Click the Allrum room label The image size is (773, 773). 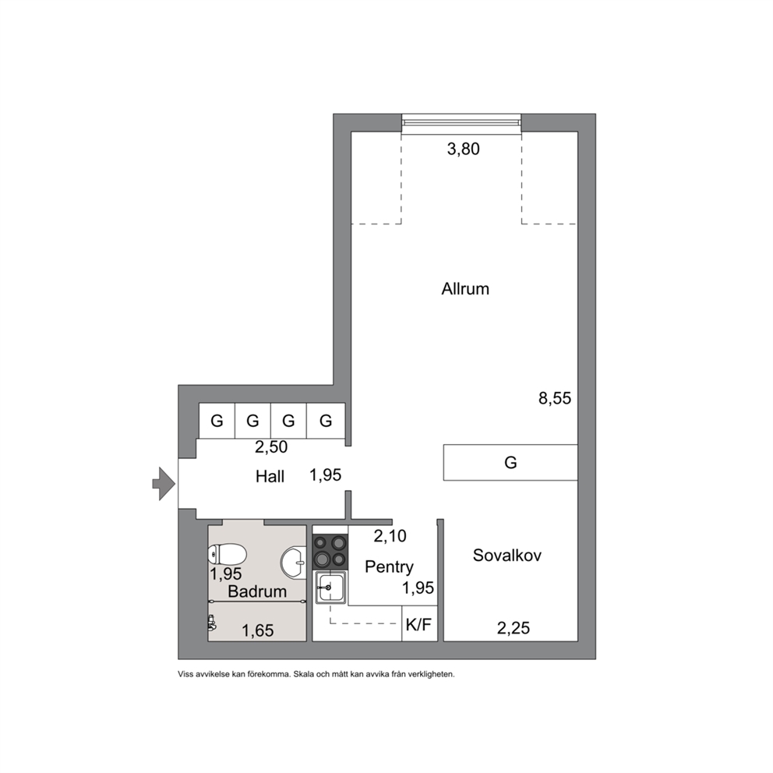465,289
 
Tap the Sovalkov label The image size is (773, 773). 507,556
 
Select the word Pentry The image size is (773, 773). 389,567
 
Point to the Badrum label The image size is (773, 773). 257,591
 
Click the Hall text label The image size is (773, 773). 270,477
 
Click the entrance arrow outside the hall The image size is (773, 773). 164,484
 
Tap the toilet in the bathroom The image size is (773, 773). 228,554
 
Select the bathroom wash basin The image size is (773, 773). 293,562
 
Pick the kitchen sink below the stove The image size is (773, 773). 331,588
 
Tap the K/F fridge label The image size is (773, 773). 418,625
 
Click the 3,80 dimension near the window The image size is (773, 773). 463,149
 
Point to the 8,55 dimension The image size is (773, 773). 555,398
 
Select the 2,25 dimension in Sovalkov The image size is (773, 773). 514,628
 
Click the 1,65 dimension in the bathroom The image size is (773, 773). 258,630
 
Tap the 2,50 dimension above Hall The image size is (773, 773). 271,447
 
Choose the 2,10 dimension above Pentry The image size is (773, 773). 390,536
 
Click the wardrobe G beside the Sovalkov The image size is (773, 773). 510,462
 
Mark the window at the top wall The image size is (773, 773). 461,123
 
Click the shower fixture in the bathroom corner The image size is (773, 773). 212,623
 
